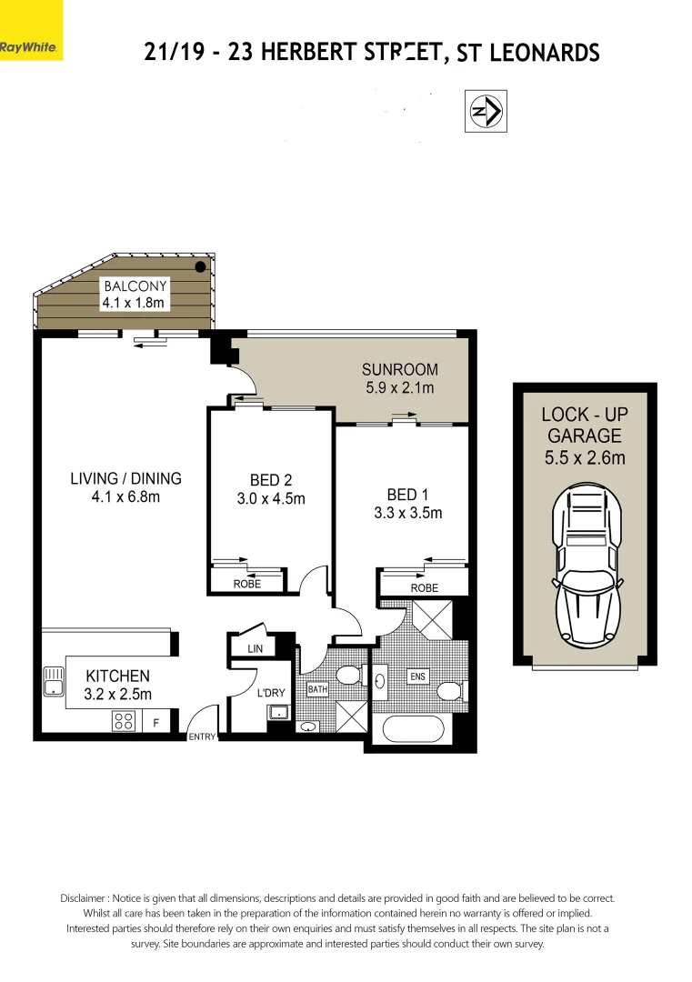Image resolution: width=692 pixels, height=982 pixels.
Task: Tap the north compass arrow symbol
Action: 486,111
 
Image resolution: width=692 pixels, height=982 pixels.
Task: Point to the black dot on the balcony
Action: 200,266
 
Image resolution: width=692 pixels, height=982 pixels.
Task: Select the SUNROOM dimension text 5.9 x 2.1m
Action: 399,388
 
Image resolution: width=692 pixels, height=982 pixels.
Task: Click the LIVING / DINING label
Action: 126,478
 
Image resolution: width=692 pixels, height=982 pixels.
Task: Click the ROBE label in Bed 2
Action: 246,584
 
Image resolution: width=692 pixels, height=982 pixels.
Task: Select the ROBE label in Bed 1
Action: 424,588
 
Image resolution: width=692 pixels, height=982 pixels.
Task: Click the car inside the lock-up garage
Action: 584,564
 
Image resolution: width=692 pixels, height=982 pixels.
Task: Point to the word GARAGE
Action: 584,436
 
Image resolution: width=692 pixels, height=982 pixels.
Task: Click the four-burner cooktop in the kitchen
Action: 124,721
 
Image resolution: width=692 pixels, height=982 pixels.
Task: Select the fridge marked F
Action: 155,723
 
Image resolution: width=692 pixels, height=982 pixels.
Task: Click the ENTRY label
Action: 201,736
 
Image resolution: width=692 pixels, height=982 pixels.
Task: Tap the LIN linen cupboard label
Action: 254,648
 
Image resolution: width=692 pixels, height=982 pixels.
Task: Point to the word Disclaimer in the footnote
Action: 86,897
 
